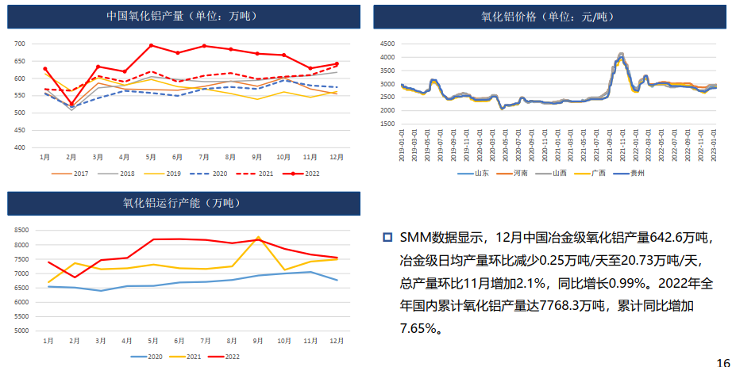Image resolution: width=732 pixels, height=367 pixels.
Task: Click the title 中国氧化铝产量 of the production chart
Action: [x=182, y=16]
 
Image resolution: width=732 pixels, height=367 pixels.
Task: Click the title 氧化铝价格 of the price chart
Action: [x=547, y=16]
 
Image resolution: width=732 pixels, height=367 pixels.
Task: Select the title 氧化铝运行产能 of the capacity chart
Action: [x=182, y=203]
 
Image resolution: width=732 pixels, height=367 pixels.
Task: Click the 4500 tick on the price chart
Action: [x=387, y=44]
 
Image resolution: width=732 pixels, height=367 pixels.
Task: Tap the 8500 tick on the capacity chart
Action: [x=23, y=230]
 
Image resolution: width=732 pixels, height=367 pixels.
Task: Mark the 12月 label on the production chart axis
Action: [x=337, y=156]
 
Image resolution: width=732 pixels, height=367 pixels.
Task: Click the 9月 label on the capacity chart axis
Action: [x=258, y=340]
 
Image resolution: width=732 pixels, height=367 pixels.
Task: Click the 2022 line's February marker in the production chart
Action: [x=71, y=104]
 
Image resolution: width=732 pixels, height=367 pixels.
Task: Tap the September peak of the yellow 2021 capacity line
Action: [x=258, y=236]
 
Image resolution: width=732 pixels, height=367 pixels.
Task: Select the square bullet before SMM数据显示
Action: [x=387, y=237]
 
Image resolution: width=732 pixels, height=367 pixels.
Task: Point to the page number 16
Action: [x=722, y=361]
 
